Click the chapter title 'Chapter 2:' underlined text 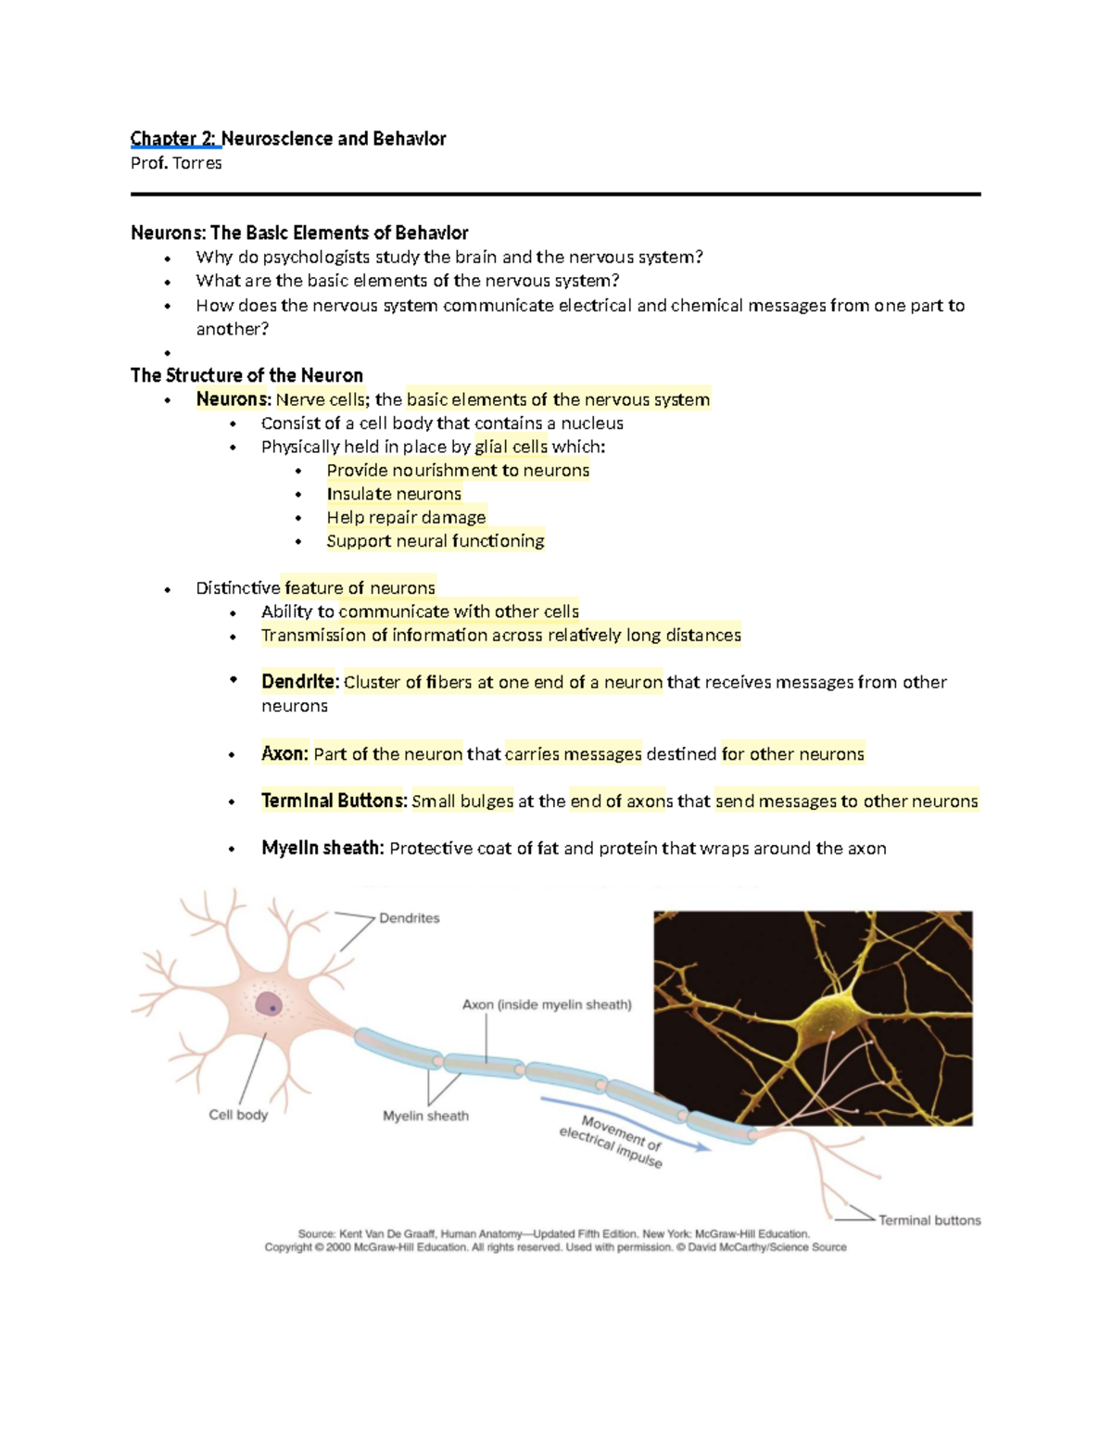point(175,139)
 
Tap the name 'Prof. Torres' point(176,163)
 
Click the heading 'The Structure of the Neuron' point(246,375)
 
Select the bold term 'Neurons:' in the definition point(233,399)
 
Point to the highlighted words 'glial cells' point(512,447)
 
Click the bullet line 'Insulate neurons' point(394,494)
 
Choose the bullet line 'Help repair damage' point(406,517)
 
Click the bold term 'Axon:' point(284,753)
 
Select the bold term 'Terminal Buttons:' point(334,801)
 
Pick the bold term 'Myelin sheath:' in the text point(322,848)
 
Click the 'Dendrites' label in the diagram point(409,918)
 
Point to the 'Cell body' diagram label point(238,1115)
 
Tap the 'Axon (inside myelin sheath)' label point(547,1004)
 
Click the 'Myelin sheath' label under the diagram point(425,1116)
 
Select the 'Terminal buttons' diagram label point(929,1220)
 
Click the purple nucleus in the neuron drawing point(268,1004)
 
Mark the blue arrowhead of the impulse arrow point(704,1147)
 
